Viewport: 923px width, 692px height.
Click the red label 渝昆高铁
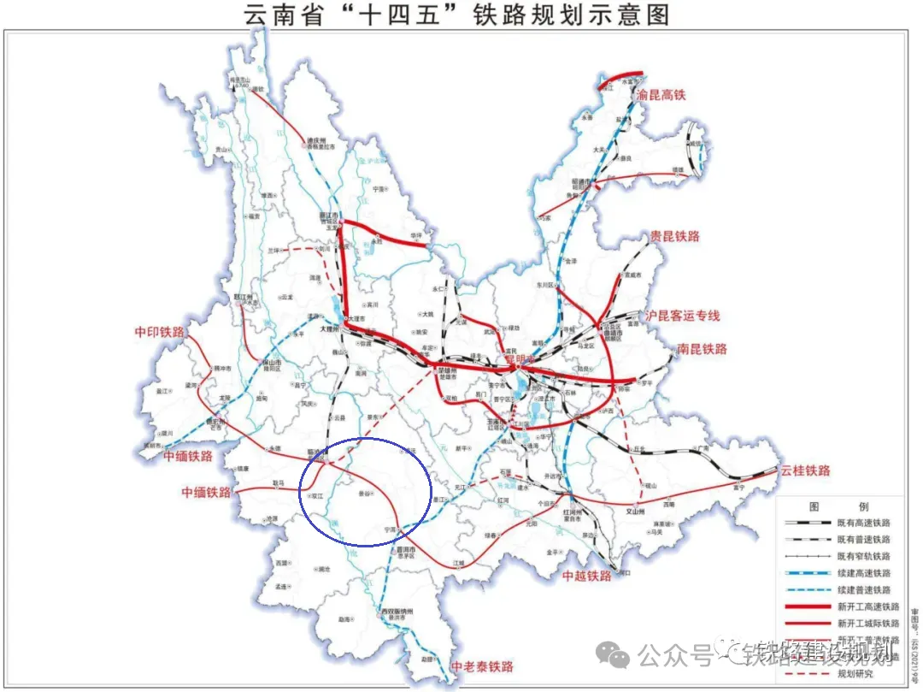coord(662,96)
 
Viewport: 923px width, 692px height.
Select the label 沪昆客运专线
coord(683,316)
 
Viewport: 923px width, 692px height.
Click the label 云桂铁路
coord(804,470)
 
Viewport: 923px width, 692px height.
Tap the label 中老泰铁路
coord(482,666)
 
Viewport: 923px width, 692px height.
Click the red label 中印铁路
coord(160,332)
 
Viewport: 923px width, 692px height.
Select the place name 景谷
coord(367,494)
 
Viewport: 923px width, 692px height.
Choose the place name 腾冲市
coord(221,368)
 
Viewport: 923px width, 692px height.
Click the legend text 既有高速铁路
coord(864,522)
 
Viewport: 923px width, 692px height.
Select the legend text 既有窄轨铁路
coord(864,556)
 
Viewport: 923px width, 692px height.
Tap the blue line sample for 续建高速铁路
coord(806,573)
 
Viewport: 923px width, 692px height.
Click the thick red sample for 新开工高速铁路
coord(806,606)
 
